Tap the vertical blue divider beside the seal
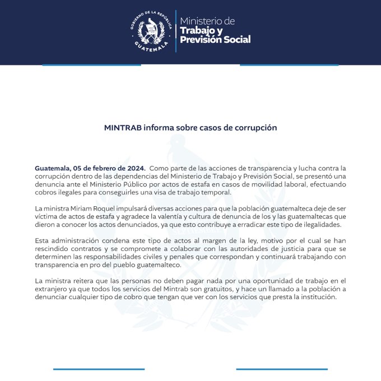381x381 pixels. click(x=175, y=31)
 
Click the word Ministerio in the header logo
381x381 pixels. click(x=207, y=21)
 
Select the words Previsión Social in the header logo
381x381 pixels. click(x=215, y=40)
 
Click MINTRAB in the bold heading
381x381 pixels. click(x=123, y=128)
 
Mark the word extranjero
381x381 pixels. click(x=55, y=289)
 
